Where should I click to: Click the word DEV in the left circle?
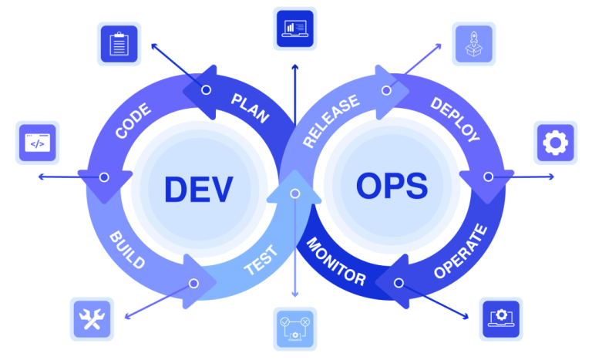198,188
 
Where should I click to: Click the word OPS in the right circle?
392,186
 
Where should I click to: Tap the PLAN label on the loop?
250,109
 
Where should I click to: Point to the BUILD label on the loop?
127,249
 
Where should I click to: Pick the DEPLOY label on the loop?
455,119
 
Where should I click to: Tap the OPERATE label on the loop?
461,251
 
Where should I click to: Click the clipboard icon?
118,44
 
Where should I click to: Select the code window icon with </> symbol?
37,143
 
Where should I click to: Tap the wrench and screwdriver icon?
92,318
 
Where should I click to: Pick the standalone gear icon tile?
554,143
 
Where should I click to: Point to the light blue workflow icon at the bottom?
294,328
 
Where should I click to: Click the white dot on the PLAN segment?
206,90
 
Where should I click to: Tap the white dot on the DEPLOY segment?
488,177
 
